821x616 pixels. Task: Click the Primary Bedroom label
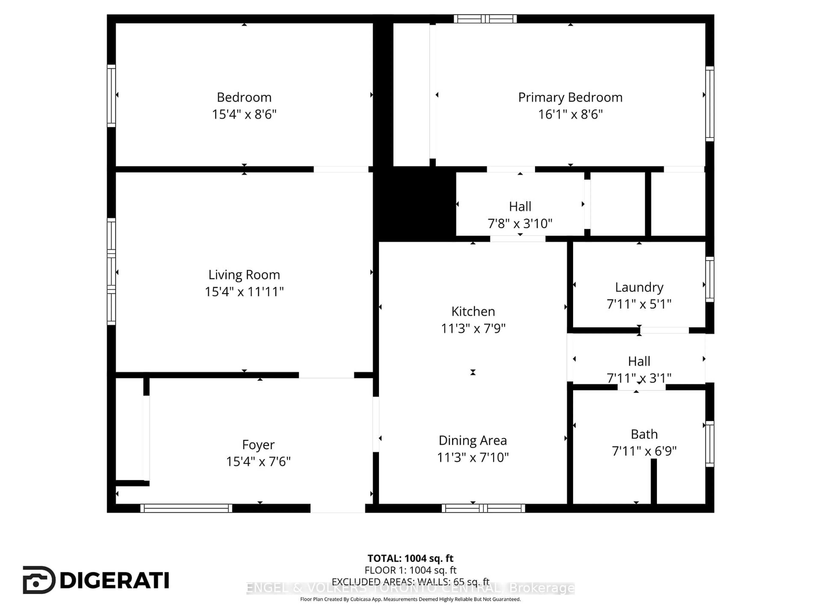click(x=570, y=97)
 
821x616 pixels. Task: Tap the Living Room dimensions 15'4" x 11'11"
click(x=244, y=292)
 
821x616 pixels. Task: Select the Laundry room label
click(x=639, y=287)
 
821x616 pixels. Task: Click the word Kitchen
click(x=473, y=311)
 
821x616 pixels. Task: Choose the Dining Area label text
click(x=473, y=440)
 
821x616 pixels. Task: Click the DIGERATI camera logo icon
click(x=39, y=580)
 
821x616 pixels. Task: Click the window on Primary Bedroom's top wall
click(x=485, y=19)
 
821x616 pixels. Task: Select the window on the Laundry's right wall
click(x=709, y=279)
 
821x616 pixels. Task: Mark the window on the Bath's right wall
click(x=709, y=444)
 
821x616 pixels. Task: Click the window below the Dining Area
click(x=483, y=508)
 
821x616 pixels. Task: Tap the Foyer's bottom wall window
click(x=186, y=508)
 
